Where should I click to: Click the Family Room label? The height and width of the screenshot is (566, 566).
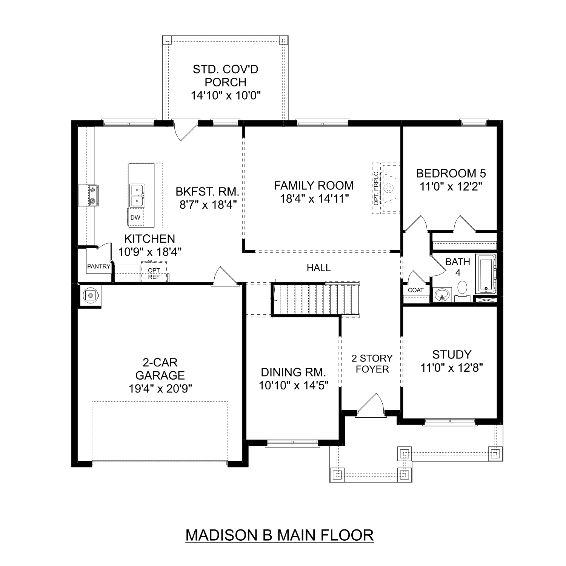tap(314, 186)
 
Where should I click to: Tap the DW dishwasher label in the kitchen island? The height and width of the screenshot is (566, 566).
tap(135, 218)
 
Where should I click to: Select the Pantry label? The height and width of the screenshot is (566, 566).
tap(98, 266)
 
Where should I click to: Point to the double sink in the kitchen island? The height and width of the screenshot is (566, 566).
tap(137, 195)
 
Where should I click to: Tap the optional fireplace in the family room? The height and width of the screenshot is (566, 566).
tap(388, 188)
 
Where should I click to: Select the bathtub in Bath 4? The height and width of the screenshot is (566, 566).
tap(486, 274)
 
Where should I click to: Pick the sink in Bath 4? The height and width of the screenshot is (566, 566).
tap(442, 294)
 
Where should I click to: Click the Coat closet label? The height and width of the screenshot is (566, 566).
tap(416, 290)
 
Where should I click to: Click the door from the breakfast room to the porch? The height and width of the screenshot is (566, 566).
tap(185, 130)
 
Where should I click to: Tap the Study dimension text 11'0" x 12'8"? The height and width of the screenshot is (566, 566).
tap(452, 368)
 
